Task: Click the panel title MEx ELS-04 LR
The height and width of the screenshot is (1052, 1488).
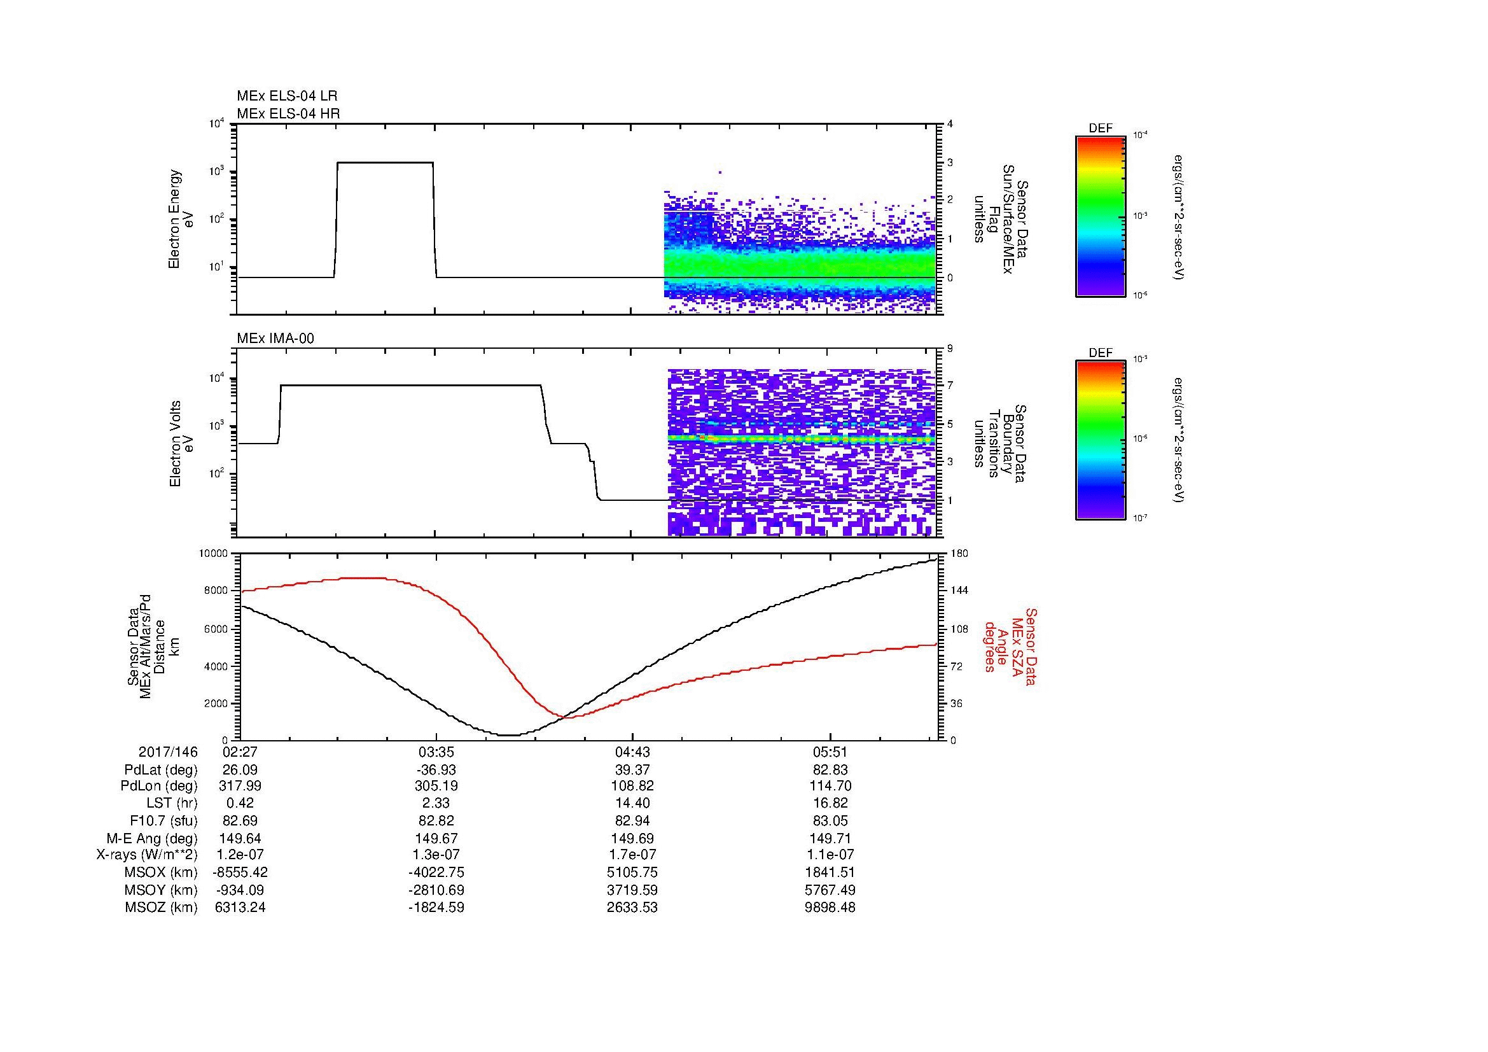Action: click(286, 96)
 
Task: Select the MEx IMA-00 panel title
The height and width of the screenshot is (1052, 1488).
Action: click(275, 339)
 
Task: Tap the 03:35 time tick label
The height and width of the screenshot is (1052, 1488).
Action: click(436, 752)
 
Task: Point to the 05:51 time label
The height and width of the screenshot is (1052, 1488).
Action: click(830, 752)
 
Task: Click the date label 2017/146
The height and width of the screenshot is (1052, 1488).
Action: click(168, 752)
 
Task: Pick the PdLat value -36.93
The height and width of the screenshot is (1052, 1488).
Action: click(436, 770)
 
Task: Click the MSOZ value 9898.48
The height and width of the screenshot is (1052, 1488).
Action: click(830, 908)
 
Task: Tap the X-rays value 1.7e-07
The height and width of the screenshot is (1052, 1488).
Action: click(632, 855)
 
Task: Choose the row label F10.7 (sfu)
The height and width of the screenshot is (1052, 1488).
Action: click(163, 821)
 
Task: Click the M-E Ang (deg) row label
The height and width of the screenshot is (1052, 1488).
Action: click(152, 839)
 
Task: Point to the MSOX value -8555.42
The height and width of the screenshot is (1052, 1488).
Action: click(240, 873)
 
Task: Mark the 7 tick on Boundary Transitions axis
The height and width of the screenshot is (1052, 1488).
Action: click(950, 386)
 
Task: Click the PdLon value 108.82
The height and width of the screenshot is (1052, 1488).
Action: click(632, 787)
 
